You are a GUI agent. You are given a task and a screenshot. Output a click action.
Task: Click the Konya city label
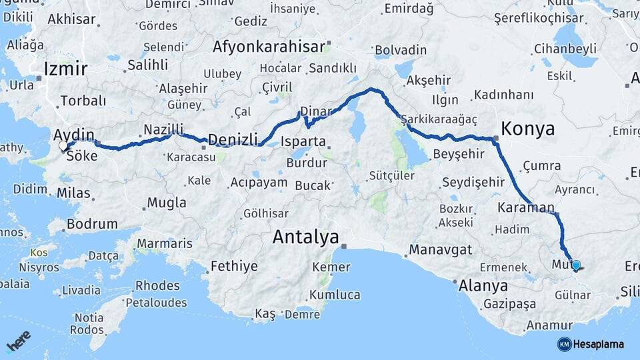tap(527, 129)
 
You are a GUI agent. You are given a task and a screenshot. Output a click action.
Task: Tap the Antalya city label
tap(305, 237)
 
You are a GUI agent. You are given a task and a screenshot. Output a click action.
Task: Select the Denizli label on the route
tap(233, 139)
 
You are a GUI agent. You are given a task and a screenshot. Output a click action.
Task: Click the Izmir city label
tap(65, 69)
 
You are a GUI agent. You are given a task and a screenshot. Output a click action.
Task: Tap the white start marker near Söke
tap(63, 145)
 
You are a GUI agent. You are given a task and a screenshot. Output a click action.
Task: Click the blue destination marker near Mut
tap(576, 265)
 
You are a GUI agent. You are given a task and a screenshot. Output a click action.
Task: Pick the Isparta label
tap(303, 141)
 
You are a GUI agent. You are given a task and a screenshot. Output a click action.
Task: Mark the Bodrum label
tap(92, 224)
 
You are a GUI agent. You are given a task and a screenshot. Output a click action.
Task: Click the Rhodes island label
tap(157, 285)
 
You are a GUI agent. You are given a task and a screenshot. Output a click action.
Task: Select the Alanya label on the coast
tap(483, 286)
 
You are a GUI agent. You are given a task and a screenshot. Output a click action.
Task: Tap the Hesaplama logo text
tap(599, 344)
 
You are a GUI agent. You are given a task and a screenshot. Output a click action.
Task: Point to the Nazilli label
tap(163, 129)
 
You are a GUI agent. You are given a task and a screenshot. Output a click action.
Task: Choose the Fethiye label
tap(234, 266)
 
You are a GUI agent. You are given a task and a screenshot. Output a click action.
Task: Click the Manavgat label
tap(441, 250)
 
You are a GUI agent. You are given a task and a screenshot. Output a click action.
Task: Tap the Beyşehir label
tap(458, 155)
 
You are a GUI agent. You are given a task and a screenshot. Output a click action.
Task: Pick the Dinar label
tap(316, 111)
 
